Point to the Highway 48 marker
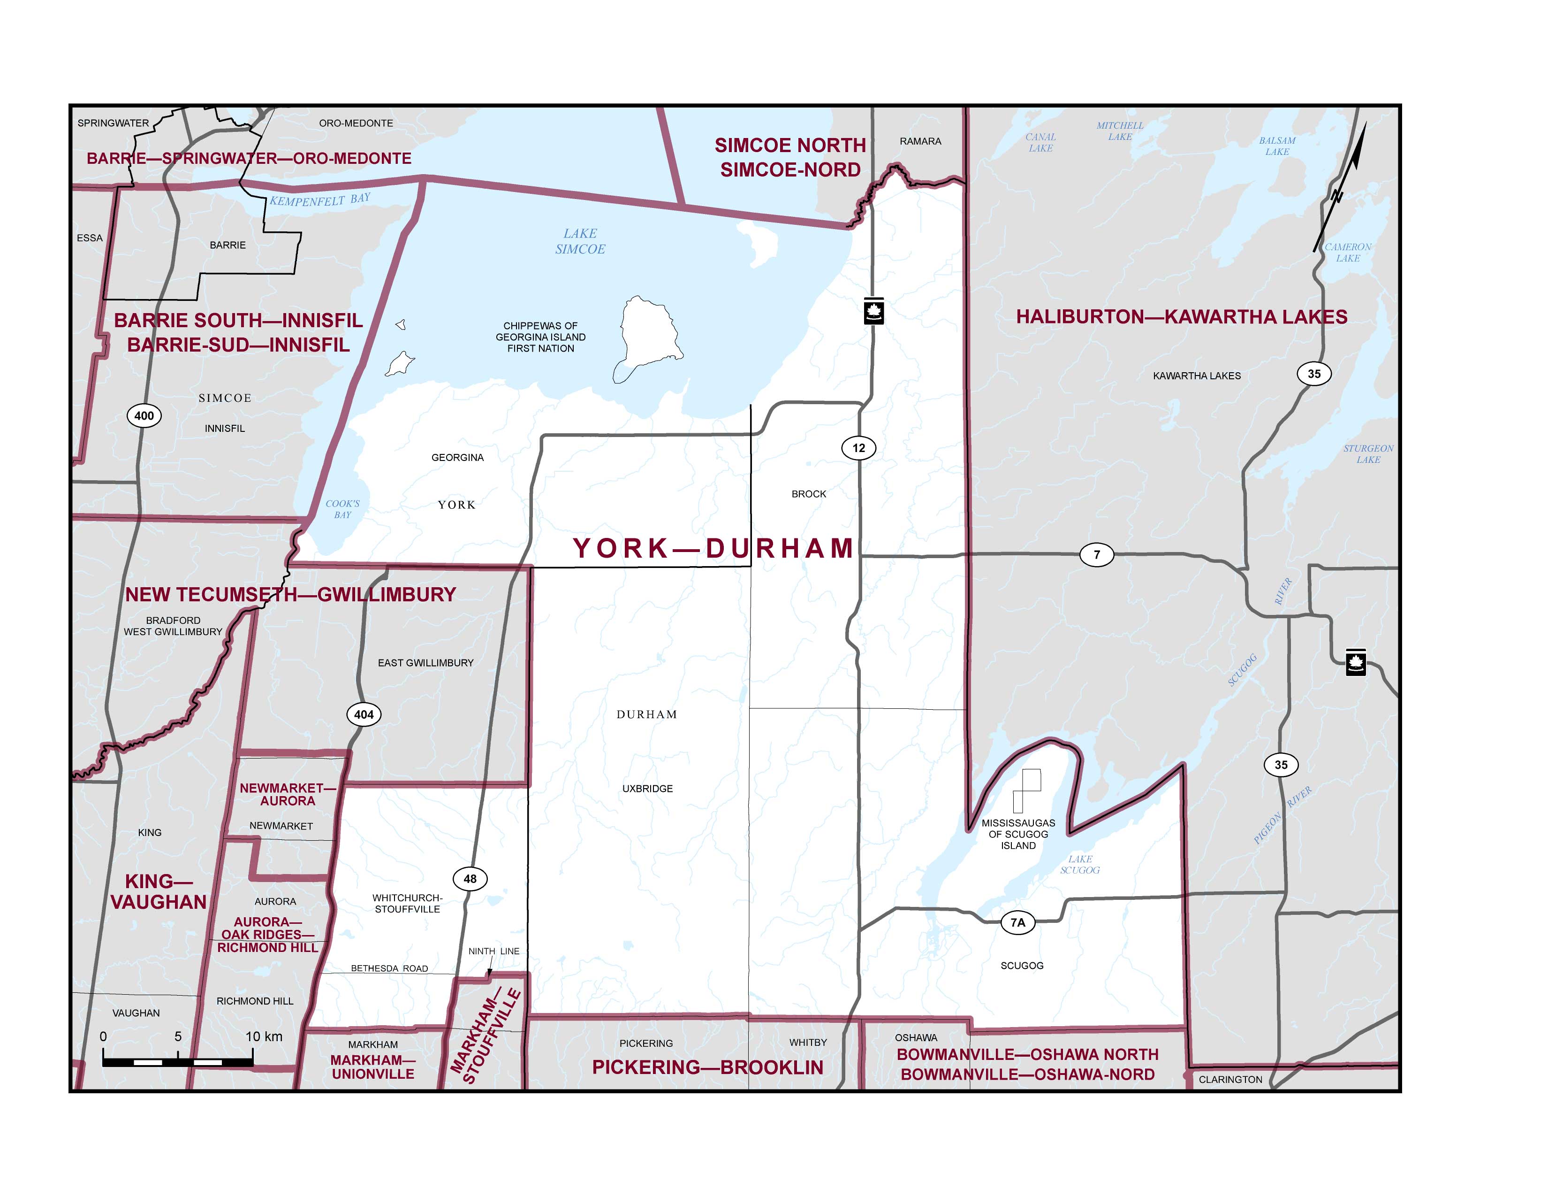click(x=470, y=879)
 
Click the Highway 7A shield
click(x=1018, y=922)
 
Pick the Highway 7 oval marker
click(x=1097, y=554)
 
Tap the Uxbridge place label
click(x=647, y=789)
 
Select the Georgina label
click(x=457, y=457)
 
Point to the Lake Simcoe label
click(x=580, y=241)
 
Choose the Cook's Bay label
click(x=342, y=509)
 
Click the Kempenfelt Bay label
click(x=319, y=200)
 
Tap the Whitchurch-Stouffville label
click(x=408, y=904)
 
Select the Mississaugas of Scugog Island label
click(x=1018, y=834)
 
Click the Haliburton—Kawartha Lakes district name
click(x=1182, y=317)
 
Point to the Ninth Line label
click(x=493, y=951)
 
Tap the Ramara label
click(x=920, y=141)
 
